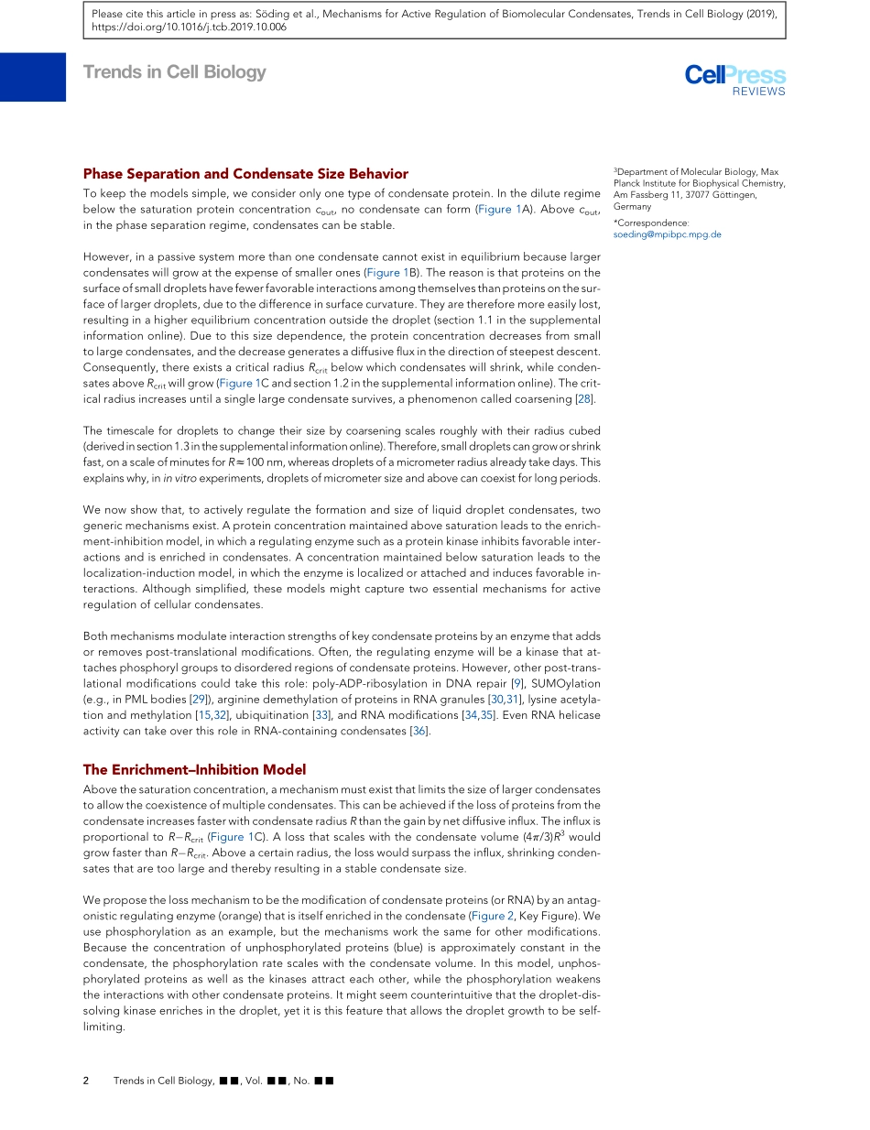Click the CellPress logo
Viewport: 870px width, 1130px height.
[x=734, y=75]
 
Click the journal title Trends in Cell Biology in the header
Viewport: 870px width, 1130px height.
[x=174, y=72]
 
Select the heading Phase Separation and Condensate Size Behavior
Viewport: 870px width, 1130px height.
[x=245, y=174]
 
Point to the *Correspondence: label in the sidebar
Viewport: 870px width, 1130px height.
[x=650, y=223]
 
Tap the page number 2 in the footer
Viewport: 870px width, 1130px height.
[x=86, y=1081]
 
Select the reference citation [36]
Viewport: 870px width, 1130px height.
[x=419, y=730]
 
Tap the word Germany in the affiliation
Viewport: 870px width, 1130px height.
[x=632, y=207]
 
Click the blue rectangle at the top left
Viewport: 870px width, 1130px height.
[x=33, y=77]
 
